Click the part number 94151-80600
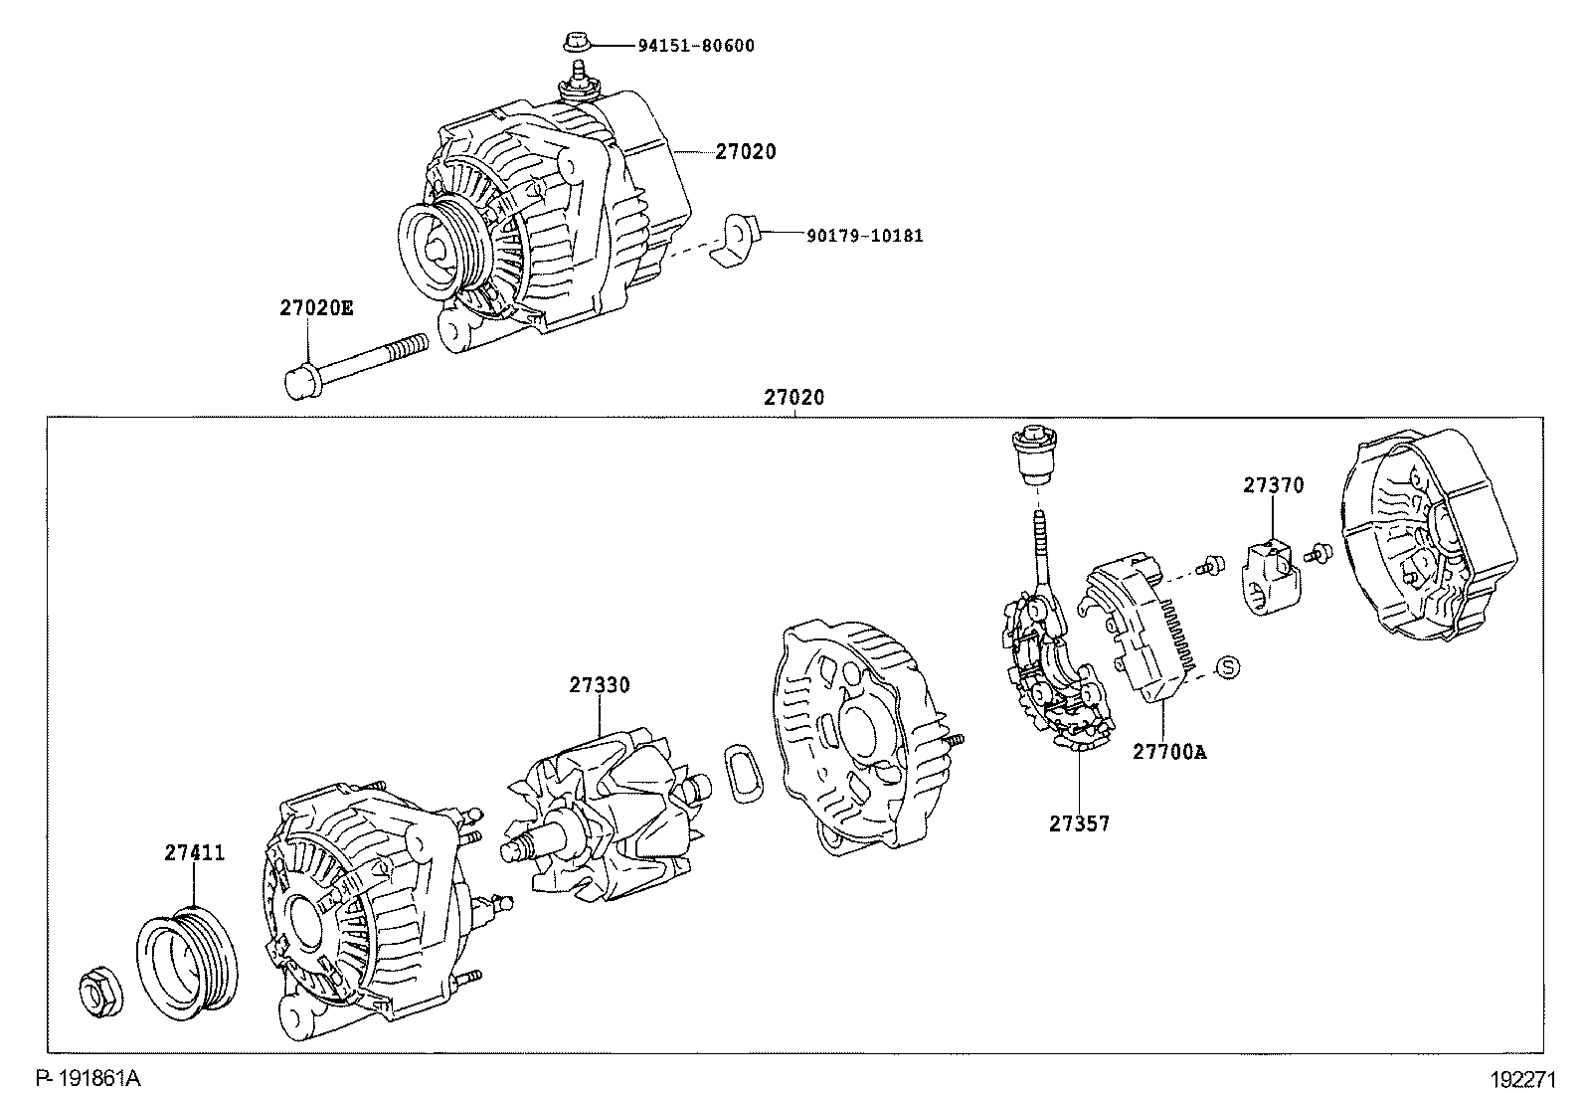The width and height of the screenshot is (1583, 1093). (x=696, y=46)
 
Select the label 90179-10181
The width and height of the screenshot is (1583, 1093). (x=865, y=236)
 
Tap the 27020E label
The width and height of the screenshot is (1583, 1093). (x=316, y=308)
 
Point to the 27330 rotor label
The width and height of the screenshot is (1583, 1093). (x=600, y=685)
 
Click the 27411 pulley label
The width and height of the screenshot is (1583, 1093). (x=194, y=853)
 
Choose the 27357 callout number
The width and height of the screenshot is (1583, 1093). (x=1079, y=823)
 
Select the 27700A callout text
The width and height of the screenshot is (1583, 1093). (x=1169, y=752)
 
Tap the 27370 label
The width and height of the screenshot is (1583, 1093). (x=1274, y=485)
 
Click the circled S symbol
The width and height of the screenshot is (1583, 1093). (x=1228, y=667)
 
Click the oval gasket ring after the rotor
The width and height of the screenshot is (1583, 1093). (x=744, y=773)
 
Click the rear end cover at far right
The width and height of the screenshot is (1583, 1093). (x=1429, y=535)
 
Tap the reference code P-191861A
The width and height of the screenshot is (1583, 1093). (x=88, y=1078)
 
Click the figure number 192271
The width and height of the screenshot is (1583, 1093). (x=1523, y=1079)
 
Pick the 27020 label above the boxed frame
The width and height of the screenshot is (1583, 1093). (x=793, y=398)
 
